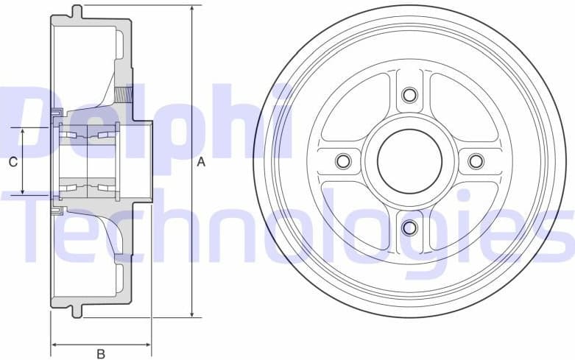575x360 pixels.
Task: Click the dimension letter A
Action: coord(201,163)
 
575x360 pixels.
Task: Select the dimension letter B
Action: coord(101,353)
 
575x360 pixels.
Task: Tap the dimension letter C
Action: coord(13,162)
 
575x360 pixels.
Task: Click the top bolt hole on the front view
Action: coord(409,94)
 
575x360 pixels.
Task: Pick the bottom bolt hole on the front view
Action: coord(409,227)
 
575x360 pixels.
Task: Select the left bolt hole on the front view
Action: coord(342,160)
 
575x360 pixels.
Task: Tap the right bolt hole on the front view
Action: coord(476,160)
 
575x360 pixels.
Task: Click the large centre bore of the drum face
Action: coord(409,160)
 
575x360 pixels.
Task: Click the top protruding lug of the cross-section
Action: coord(77,10)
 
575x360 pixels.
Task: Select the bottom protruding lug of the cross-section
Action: coord(77,311)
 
